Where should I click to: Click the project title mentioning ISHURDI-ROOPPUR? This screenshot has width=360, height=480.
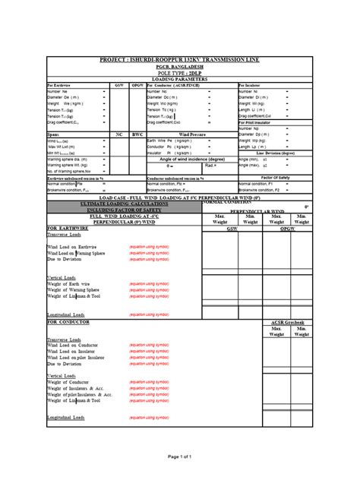[179, 58]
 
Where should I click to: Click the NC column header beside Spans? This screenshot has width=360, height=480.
[119, 134]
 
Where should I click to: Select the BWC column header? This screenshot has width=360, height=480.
[137, 134]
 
